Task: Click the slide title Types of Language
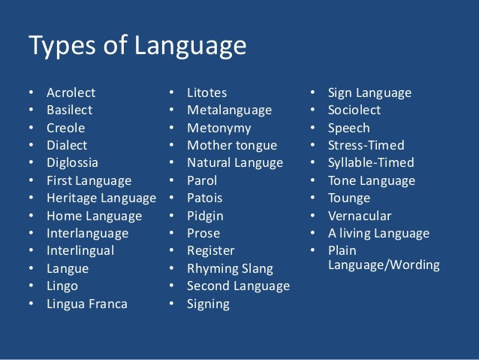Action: [137, 47]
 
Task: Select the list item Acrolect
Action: [71, 93]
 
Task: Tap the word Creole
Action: [66, 128]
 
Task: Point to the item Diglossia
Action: [72, 162]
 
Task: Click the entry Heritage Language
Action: [101, 198]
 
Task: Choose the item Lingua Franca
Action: [87, 304]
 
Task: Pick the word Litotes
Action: [208, 93]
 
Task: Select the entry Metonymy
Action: [219, 128]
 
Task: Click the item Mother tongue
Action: [232, 145]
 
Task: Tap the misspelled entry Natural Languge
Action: [235, 162]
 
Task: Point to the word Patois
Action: [205, 198]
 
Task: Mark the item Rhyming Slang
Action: [230, 268]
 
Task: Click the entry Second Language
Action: [238, 286]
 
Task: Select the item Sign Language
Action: [369, 93]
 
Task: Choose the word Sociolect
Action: [354, 110]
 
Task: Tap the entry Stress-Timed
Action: [366, 145]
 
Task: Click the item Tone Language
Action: [371, 180]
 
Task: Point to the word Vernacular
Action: [360, 216]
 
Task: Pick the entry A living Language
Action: [378, 234]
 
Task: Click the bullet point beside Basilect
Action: [31, 110]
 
